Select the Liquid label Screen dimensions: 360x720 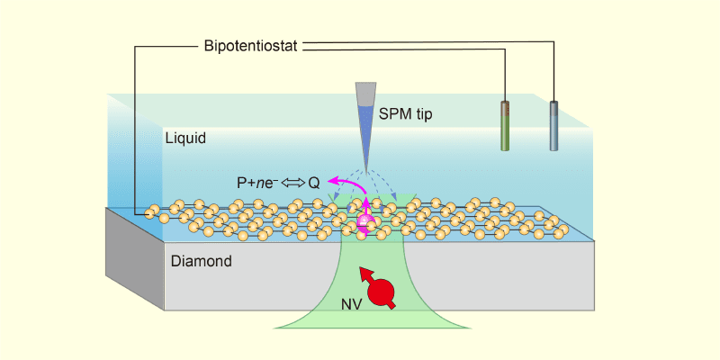tap(186, 139)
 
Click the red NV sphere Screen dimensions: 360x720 tap(382, 291)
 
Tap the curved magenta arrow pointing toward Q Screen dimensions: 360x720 tap(341, 183)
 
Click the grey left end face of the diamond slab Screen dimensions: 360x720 tap(135, 256)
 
